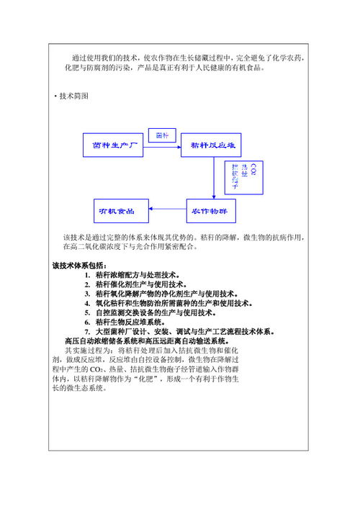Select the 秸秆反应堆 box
point(212,145)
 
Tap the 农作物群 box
point(213,211)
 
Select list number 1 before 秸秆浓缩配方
point(86,275)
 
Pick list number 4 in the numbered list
point(86,303)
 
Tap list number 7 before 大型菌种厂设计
point(86,331)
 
